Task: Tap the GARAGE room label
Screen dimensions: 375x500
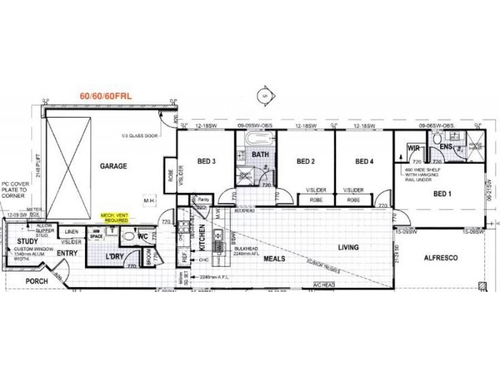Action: click(114, 166)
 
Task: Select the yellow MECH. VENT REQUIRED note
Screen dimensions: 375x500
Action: click(115, 217)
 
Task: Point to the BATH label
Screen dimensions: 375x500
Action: click(259, 154)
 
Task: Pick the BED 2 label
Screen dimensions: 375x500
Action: click(305, 161)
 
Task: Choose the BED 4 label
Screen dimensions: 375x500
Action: click(364, 161)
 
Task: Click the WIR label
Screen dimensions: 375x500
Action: click(413, 148)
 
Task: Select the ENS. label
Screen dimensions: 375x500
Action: click(446, 147)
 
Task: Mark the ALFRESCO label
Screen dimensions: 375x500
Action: click(441, 257)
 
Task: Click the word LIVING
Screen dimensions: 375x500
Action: click(348, 247)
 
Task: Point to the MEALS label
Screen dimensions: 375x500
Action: click(274, 257)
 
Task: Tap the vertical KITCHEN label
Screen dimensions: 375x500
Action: click(202, 239)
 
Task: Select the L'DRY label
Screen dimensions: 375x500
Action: click(114, 257)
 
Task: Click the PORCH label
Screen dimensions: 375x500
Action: click(37, 281)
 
